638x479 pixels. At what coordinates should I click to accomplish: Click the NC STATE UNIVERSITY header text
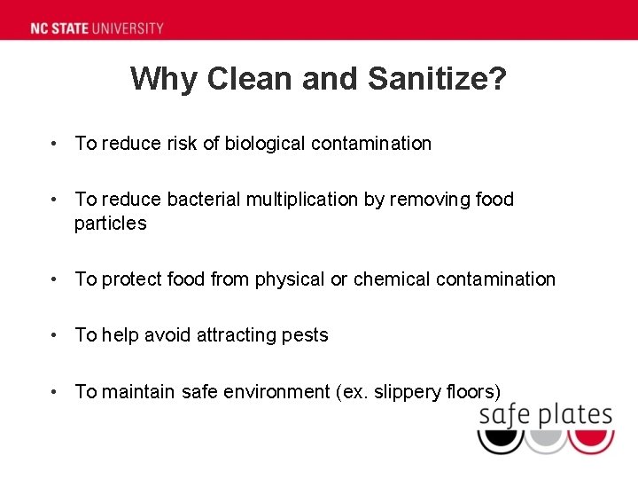pyautogui.click(x=97, y=27)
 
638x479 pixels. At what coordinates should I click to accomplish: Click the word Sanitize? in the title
pyautogui.click(x=438, y=79)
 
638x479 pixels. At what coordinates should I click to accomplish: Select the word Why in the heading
pyautogui.click(x=164, y=79)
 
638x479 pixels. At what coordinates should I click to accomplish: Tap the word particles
pyautogui.click(x=110, y=224)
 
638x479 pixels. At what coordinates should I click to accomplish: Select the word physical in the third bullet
pyautogui.click(x=290, y=279)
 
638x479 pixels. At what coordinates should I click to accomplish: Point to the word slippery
pyautogui.click(x=407, y=391)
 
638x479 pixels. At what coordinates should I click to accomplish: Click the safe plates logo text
pyautogui.click(x=545, y=415)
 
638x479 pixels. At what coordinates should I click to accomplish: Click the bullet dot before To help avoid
pyautogui.click(x=55, y=335)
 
